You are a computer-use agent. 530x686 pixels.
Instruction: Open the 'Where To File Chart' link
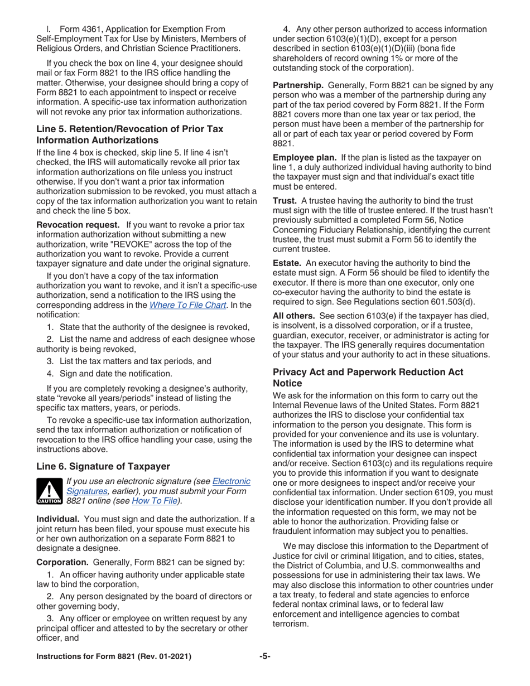pos(188,305)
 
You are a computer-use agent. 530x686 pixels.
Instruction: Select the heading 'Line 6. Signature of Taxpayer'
pos(103,466)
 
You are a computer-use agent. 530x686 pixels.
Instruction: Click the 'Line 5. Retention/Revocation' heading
pos(129,134)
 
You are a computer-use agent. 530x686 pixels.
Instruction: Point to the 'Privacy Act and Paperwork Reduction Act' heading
pos(368,378)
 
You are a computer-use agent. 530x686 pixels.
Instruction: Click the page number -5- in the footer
pos(265,656)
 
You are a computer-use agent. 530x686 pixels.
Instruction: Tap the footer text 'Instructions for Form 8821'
pos(114,656)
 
